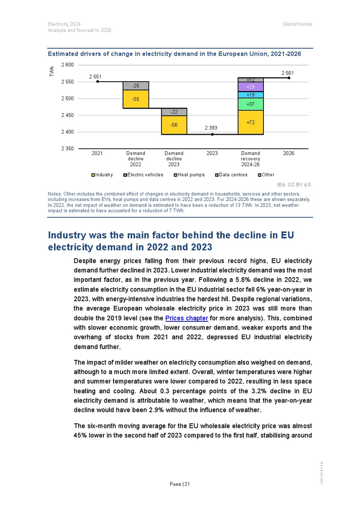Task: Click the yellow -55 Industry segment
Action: (136, 99)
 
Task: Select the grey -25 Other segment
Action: (136, 85)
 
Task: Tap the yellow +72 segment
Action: (250, 122)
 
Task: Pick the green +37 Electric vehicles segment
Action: (250, 104)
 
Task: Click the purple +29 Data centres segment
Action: (250, 87)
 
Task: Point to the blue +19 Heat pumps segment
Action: (250, 95)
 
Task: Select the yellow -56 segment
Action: (174, 125)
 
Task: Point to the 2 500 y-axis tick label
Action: (67, 98)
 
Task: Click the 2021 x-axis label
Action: (97, 153)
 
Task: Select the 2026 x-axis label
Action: (289, 153)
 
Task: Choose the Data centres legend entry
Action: (232, 175)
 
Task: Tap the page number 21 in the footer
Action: (187, 483)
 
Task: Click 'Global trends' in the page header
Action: (297, 24)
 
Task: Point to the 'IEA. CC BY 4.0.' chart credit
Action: (294, 184)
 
